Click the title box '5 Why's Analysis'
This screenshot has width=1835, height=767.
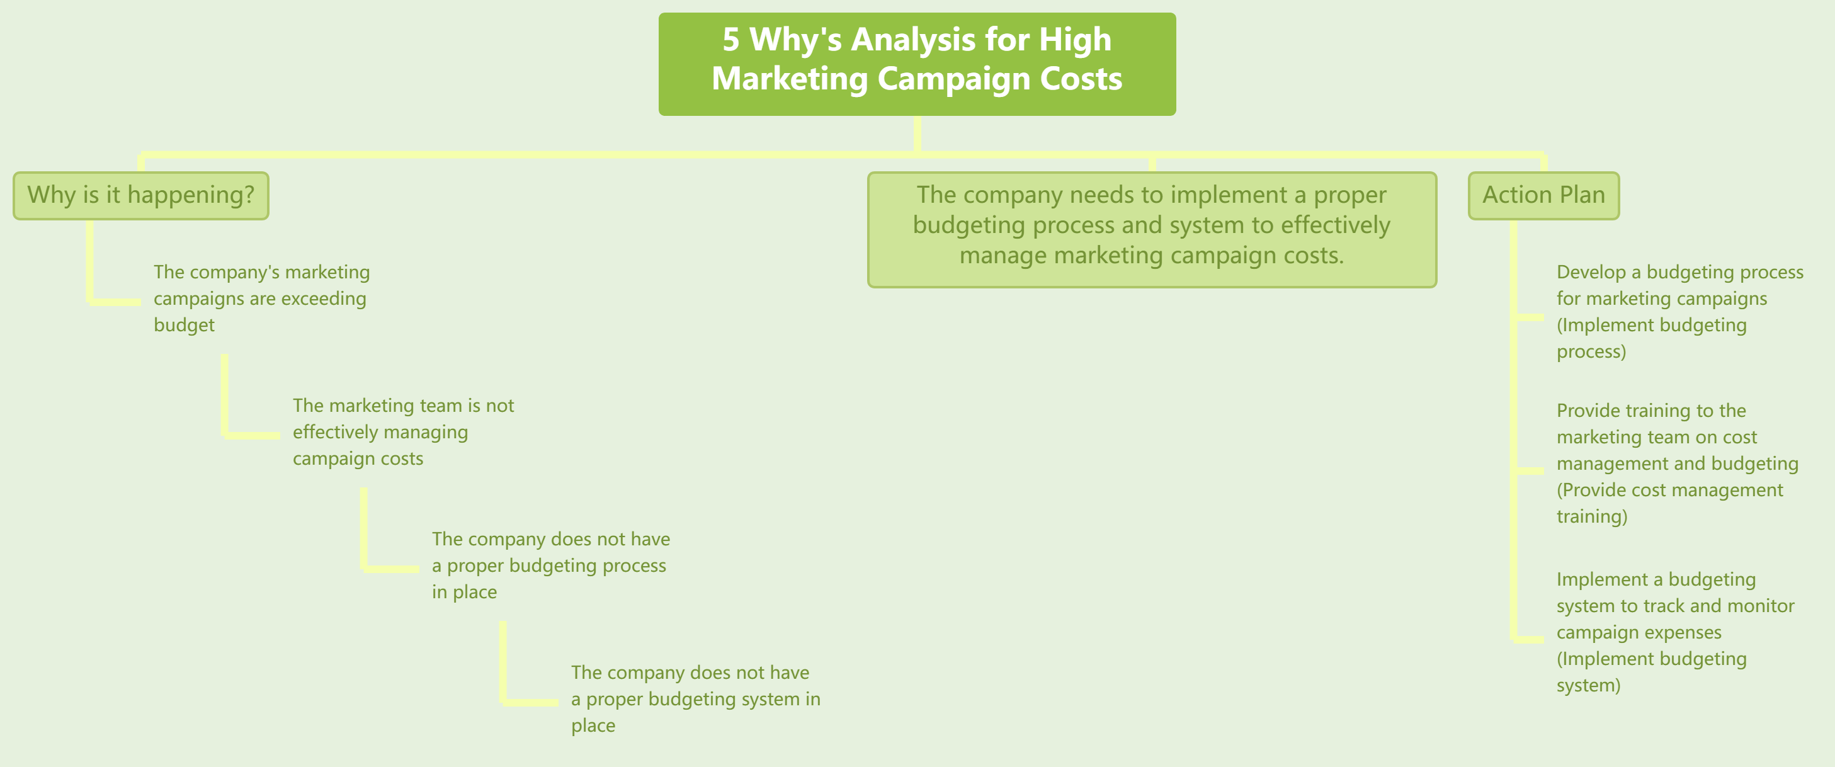coord(917,64)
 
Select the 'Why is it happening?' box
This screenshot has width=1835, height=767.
coord(140,195)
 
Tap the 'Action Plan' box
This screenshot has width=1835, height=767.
coord(1543,195)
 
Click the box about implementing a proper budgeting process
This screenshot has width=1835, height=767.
coord(1151,229)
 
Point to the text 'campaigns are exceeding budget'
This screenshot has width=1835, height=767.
coord(261,298)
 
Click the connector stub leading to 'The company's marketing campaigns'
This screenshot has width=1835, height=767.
coord(115,302)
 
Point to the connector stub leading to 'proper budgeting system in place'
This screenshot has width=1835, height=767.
coord(531,702)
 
